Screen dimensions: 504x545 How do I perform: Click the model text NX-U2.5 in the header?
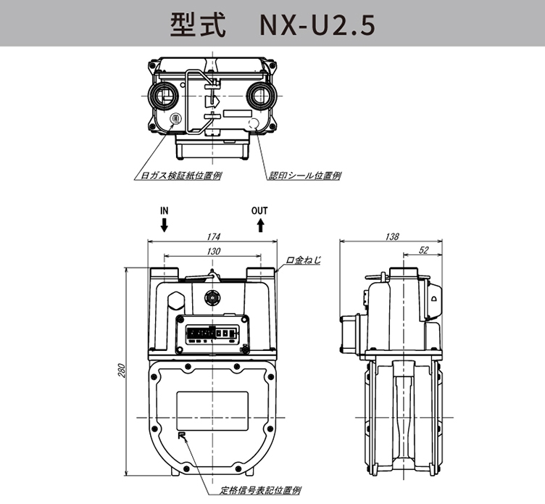pyautogui.click(x=317, y=24)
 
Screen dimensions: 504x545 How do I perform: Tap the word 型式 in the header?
pyautogui.click(x=191, y=24)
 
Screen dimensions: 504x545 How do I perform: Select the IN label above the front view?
pyautogui.click(x=165, y=211)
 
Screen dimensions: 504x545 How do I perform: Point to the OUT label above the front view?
pyautogui.click(x=259, y=211)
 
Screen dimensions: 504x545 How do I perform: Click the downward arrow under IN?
pyautogui.click(x=165, y=226)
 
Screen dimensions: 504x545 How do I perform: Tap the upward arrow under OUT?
pyautogui.click(x=259, y=226)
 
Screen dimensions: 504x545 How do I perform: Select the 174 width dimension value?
pyautogui.click(x=212, y=237)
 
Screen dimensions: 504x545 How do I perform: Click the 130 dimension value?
pyautogui.click(x=212, y=250)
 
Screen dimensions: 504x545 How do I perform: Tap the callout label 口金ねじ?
pyautogui.click(x=303, y=259)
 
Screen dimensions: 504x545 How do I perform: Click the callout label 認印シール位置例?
pyautogui.click(x=304, y=175)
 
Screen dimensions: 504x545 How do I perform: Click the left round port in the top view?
pyautogui.click(x=162, y=96)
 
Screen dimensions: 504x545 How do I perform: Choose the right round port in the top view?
pyautogui.click(x=259, y=96)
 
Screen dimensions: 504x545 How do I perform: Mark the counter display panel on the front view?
pyautogui.click(x=212, y=334)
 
